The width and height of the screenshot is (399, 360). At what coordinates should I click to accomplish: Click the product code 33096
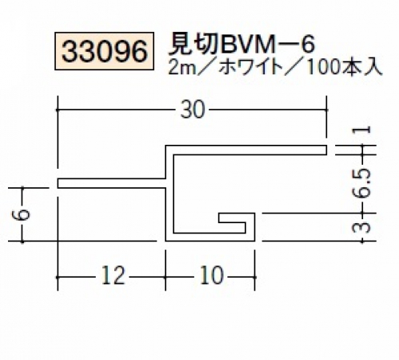pos(104,51)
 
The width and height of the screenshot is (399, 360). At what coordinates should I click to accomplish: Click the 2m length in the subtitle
pos(182,69)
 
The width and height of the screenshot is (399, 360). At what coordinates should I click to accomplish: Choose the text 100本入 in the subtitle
pos(345,68)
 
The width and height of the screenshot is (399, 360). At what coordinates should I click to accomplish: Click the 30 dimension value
pos(193,110)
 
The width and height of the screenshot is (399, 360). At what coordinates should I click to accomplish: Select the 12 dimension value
pos(113,276)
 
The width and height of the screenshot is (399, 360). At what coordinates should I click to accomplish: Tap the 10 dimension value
pos(211,276)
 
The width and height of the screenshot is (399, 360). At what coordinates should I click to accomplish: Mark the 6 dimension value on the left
pos(23,214)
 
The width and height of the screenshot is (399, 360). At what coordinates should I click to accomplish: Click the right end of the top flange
pos(326,150)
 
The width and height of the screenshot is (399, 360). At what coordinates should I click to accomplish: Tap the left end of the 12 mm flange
pos(58,183)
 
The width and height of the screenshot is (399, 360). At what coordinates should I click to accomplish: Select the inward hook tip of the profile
pos(219,218)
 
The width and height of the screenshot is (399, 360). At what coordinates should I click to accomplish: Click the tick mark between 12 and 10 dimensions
pos(166,278)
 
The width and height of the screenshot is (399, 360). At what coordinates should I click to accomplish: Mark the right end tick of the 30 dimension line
pos(326,110)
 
